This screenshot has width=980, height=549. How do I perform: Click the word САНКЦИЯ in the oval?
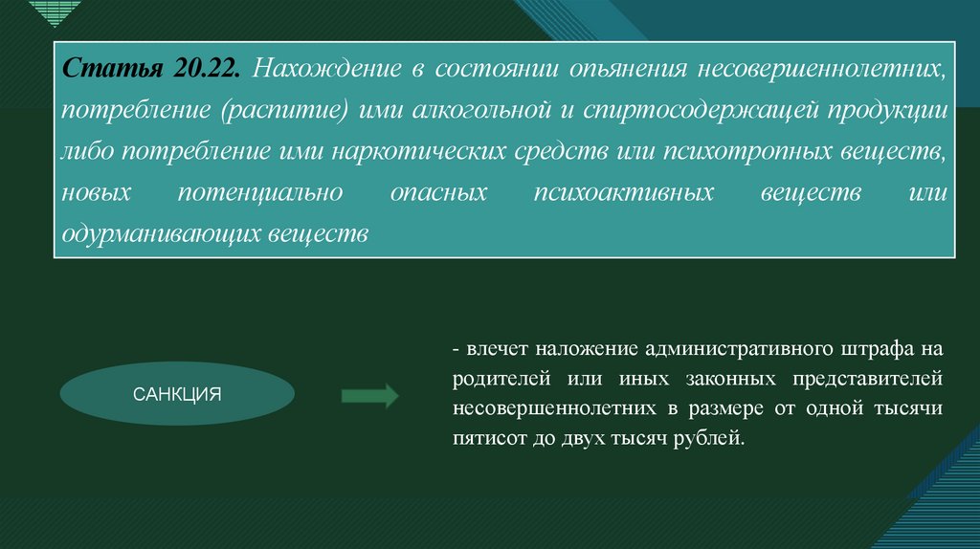177,393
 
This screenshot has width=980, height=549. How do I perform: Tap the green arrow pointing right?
369,394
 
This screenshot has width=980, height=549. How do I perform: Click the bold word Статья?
113,70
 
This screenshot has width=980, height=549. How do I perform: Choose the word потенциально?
261,192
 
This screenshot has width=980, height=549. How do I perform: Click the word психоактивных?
623,192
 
